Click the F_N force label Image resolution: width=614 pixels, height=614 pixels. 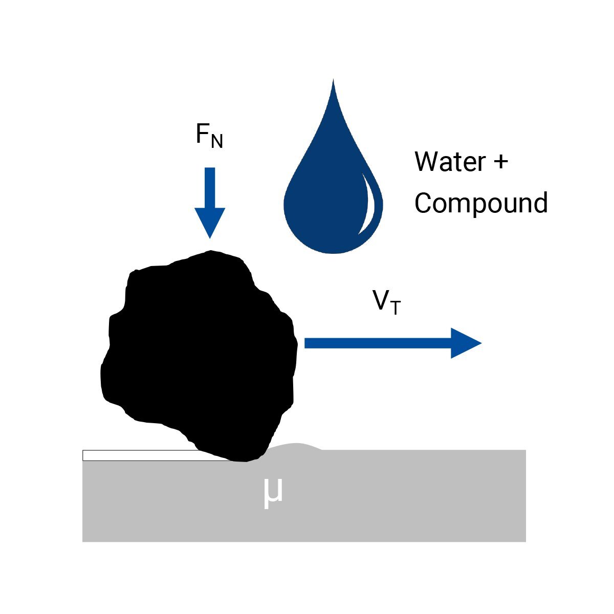click(209, 135)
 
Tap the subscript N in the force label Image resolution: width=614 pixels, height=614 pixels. click(217, 141)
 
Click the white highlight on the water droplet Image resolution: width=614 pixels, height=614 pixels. click(369, 205)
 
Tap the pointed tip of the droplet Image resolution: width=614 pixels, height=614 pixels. click(334, 82)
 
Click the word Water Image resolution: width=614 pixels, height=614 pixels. click(450, 162)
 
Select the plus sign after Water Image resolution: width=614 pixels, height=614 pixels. click(501, 162)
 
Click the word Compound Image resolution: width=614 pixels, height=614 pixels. click(481, 203)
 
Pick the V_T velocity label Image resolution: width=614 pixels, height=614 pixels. click(386, 302)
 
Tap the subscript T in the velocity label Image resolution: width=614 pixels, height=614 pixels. click(395, 308)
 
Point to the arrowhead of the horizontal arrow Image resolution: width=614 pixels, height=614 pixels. click(466, 343)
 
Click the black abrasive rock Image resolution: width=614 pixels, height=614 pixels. click(200, 353)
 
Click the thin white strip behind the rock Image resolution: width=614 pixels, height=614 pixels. click(138, 455)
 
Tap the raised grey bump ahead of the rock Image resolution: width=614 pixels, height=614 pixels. click(294, 447)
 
